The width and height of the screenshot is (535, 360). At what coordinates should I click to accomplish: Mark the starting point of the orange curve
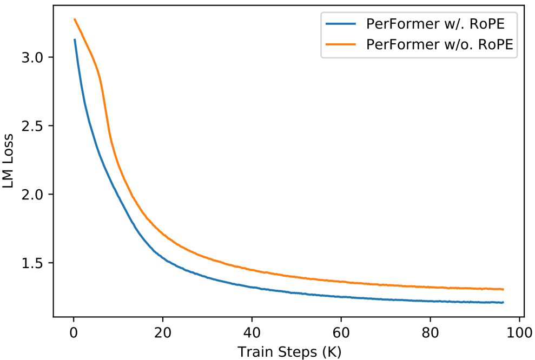pyautogui.click(x=74, y=19)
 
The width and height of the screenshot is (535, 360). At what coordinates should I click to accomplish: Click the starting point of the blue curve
pyautogui.click(x=74, y=39)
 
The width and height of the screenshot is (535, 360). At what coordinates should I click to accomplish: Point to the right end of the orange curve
pyautogui.click(x=503, y=289)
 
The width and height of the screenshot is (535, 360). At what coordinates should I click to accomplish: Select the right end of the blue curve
pyautogui.click(x=503, y=303)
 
